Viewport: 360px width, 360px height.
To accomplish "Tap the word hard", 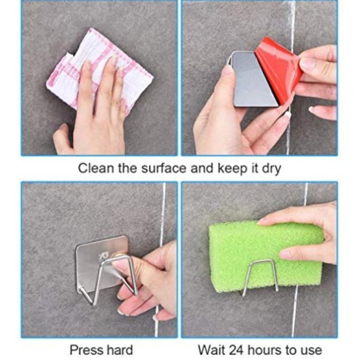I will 118,349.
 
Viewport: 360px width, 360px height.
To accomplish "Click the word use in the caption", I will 309,349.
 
